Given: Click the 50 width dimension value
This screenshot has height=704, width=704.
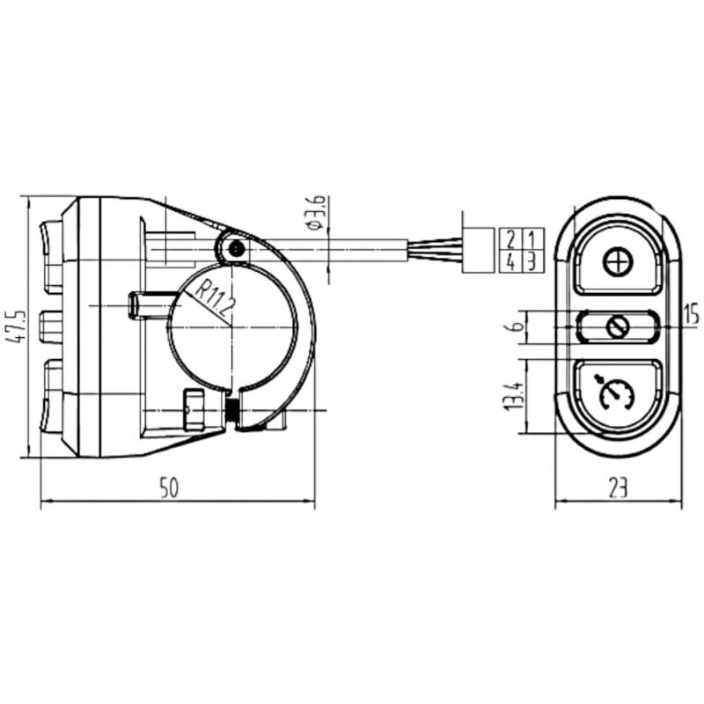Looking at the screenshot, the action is tap(170, 488).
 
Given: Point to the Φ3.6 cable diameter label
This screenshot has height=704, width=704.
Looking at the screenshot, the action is tap(316, 213).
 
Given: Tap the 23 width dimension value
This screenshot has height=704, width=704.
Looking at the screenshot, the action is tap(618, 488).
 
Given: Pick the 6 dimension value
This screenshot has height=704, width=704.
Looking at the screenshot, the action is tap(517, 325).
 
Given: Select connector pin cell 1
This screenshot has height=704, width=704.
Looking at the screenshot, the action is tap(533, 239).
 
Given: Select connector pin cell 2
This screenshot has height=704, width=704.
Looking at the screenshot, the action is tap(510, 239).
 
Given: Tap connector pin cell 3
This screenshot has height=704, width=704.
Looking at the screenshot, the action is tap(533, 261).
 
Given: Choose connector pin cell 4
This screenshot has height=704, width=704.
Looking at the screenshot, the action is tap(510, 261).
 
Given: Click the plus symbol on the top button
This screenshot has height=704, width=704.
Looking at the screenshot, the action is tap(618, 262).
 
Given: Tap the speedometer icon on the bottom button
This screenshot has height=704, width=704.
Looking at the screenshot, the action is tap(616, 392).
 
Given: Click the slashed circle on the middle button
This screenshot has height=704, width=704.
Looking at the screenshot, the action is tap(618, 326).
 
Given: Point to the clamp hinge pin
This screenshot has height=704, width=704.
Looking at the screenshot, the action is tap(236, 248).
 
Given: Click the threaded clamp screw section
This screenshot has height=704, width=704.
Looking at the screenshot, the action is tap(232, 410).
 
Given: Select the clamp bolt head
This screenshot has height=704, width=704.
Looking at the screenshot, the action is tap(194, 409).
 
